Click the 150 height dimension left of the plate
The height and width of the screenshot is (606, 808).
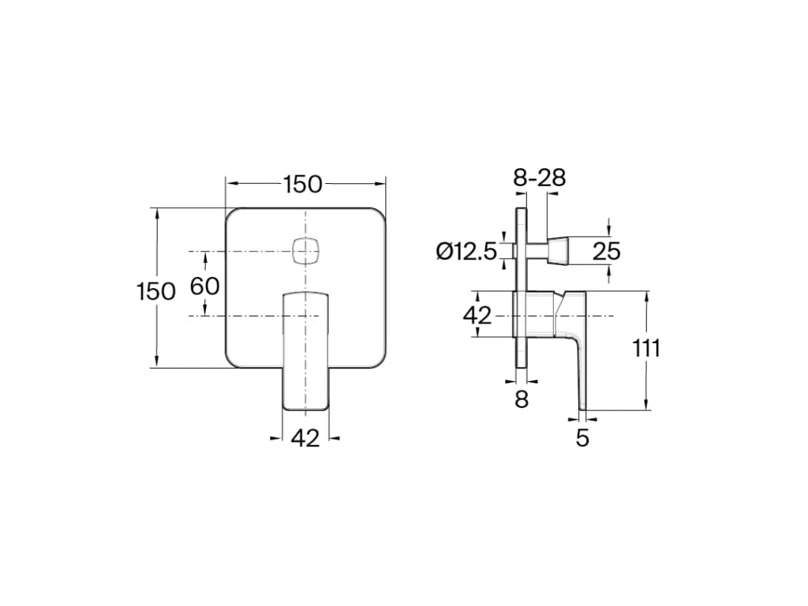tap(155, 291)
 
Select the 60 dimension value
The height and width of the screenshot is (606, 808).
tap(204, 286)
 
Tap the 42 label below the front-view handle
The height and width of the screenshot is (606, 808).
tap(305, 438)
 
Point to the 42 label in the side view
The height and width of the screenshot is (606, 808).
tap(477, 315)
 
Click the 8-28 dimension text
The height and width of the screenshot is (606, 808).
tap(540, 178)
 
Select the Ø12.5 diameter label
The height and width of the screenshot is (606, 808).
tap(466, 252)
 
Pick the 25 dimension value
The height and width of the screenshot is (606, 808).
tap(606, 252)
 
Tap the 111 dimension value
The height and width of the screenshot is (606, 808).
tap(646, 349)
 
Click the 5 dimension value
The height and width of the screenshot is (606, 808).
tap(582, 438)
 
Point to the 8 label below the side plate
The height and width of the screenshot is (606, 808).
tap(522, 399)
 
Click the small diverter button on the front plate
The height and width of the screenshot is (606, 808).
tap(305, 252)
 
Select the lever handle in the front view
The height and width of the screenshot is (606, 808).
tap(305, 351)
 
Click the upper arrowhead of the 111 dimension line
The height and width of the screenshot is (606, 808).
tap(646, 297)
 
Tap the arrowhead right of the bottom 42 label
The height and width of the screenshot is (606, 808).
tap(335, 439)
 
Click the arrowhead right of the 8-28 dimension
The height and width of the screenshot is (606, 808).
tap(553, 193)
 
